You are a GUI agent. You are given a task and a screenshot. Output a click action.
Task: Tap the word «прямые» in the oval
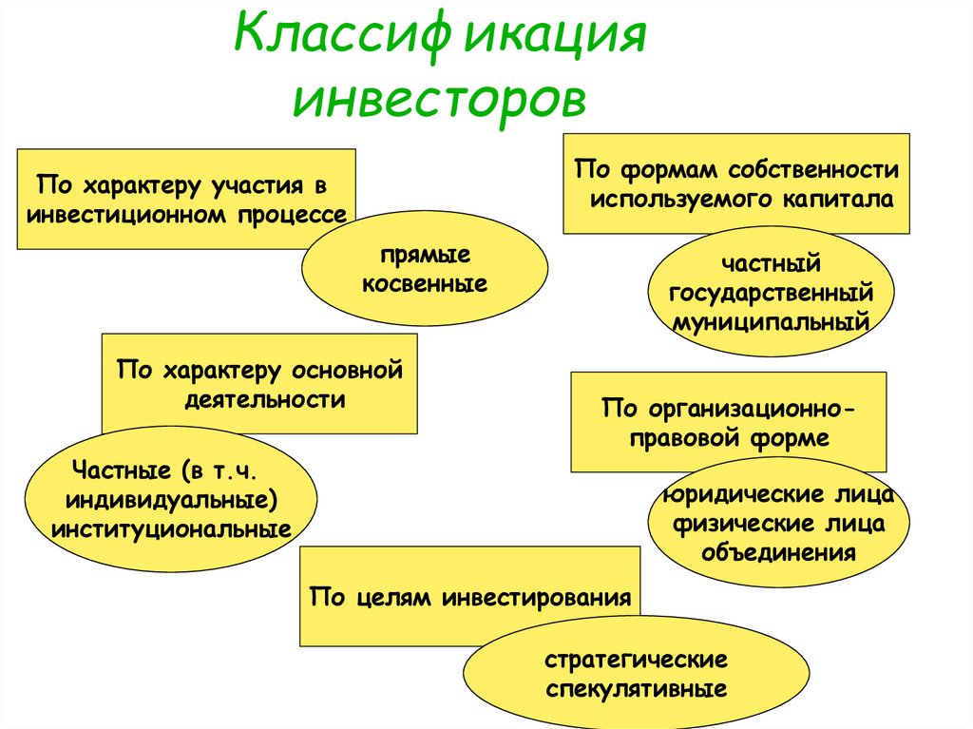425,256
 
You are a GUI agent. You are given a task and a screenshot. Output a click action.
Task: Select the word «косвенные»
425,282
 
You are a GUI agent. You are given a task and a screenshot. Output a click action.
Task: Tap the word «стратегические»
637,660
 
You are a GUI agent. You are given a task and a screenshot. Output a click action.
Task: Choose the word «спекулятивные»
637,688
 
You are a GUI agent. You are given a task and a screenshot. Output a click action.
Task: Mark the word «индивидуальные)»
171,499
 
